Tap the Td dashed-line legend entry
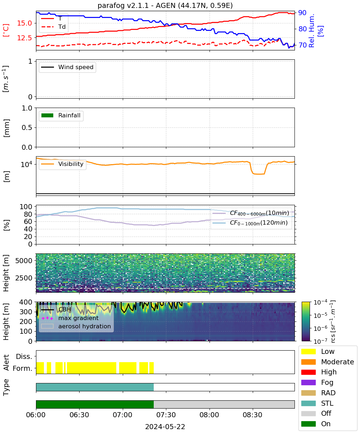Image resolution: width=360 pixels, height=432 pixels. click(x=53, y=27)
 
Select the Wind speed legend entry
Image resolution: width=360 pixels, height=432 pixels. click(x=67, y=67)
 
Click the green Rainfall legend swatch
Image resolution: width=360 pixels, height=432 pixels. click(x=48, y=115)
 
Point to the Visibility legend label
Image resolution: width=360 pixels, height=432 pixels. click(x=71, y=164)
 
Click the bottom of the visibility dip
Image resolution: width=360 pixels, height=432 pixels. click(x=258, y=174)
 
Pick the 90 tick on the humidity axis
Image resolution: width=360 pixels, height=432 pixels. click(x=302, y=13)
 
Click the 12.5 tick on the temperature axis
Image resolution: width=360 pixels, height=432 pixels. click(x=24, y=38)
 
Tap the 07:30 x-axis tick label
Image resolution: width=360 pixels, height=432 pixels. click(x=166, y=415)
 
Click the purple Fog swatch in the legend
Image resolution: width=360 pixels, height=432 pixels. click(x=308, y=382)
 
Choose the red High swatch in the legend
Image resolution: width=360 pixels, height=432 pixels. click(x=308, y=372)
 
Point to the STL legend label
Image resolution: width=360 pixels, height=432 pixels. click(x=327, y=403)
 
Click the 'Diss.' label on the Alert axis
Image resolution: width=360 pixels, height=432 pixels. click(x=24, y=356)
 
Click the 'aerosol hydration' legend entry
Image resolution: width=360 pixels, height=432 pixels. click(x=76, y=326)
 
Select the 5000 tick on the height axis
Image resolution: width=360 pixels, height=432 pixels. click(x=24, y=261)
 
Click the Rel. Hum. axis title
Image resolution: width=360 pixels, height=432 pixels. click(x=311, y=31)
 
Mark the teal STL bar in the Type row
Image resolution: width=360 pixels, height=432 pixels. click(x=95, y=387)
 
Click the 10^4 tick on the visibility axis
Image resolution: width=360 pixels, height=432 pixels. click(x=26, y=164)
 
